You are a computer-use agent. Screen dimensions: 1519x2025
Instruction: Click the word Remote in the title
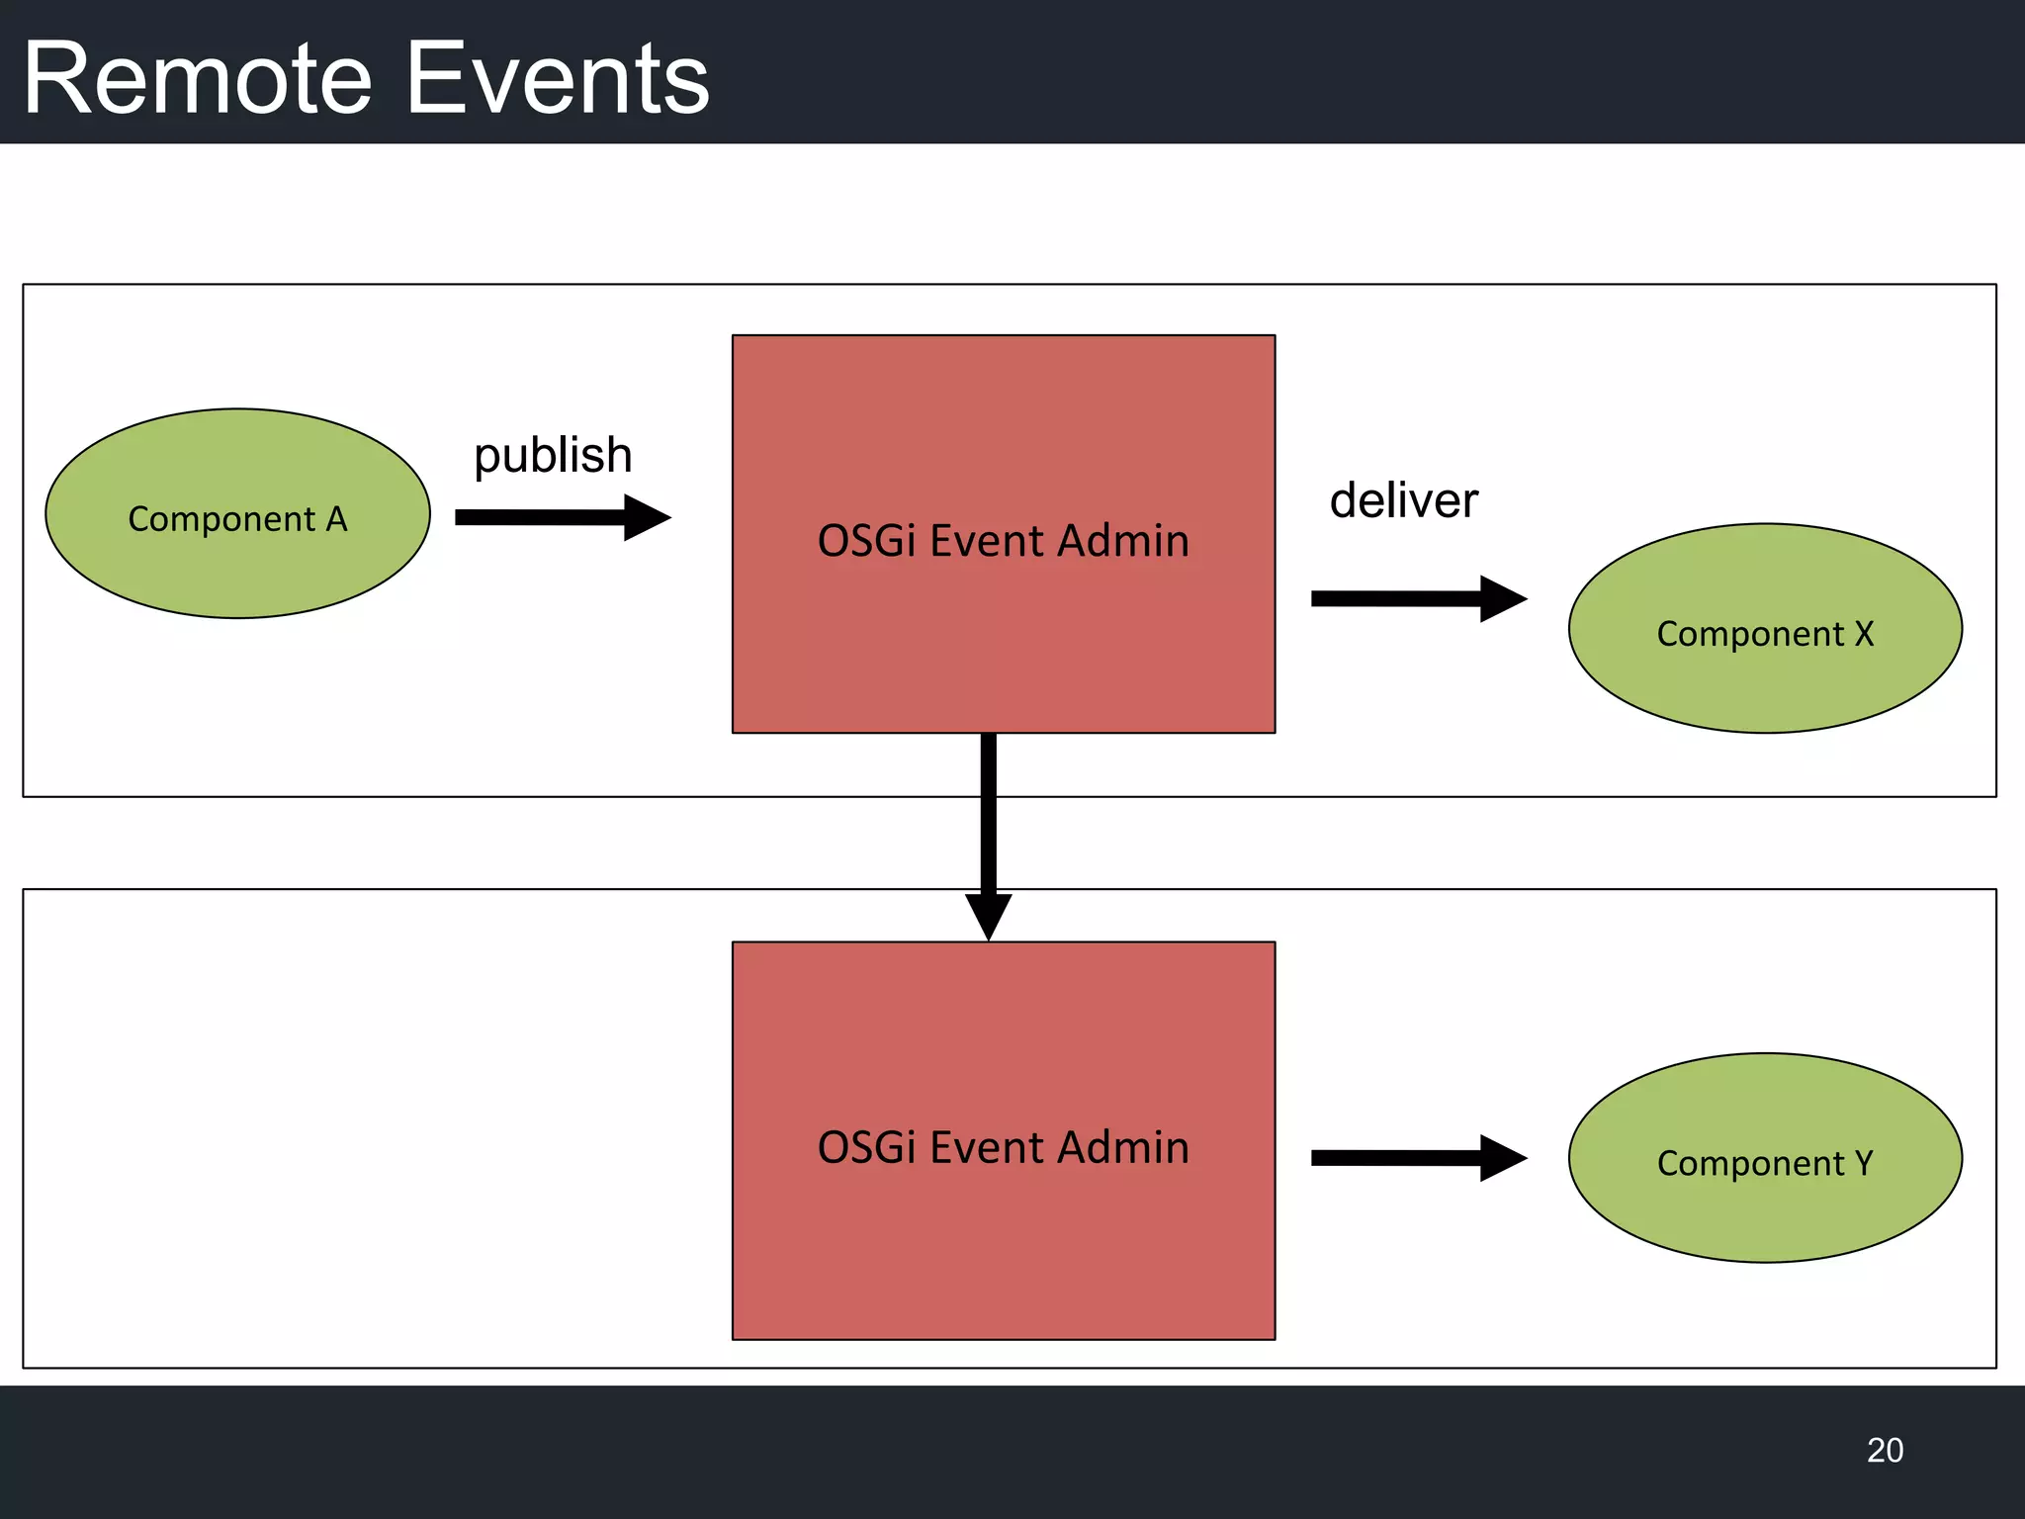[198, 79]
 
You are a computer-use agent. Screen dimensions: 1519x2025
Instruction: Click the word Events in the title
[559, 79]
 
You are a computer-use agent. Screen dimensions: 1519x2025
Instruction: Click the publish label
[553, 456]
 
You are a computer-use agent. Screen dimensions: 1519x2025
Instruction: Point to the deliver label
[1403, 500]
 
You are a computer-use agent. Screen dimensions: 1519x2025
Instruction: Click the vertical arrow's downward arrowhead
[988, 915]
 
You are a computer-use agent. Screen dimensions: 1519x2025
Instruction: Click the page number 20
[1885, 1450]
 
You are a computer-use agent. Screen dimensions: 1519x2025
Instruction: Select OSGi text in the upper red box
[866, 541]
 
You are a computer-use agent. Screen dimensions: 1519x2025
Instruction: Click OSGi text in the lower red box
[866, 1148]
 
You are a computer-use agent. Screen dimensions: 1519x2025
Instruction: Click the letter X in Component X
[1864, 634]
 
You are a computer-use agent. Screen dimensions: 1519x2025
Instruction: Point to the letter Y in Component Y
[1864, 1163]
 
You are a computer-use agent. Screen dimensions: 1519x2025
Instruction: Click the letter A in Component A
[337, 519]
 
